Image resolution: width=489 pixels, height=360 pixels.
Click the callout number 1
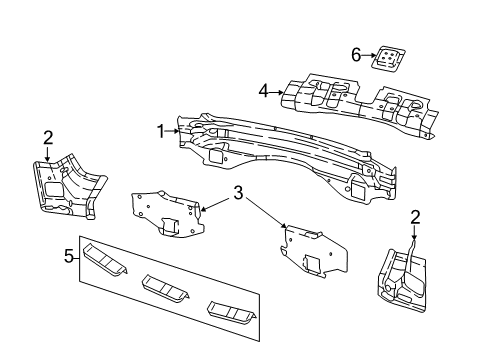point(160,129)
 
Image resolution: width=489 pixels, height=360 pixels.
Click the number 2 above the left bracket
point(46,138)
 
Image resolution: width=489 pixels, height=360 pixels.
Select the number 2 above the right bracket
point(416,215)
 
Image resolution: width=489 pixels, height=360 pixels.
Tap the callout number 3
point(237,193)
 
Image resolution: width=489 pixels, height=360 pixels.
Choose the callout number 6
point(356,54)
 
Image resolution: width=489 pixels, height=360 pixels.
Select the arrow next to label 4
point(274,92)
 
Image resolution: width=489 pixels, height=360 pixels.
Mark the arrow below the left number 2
point(46,153)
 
